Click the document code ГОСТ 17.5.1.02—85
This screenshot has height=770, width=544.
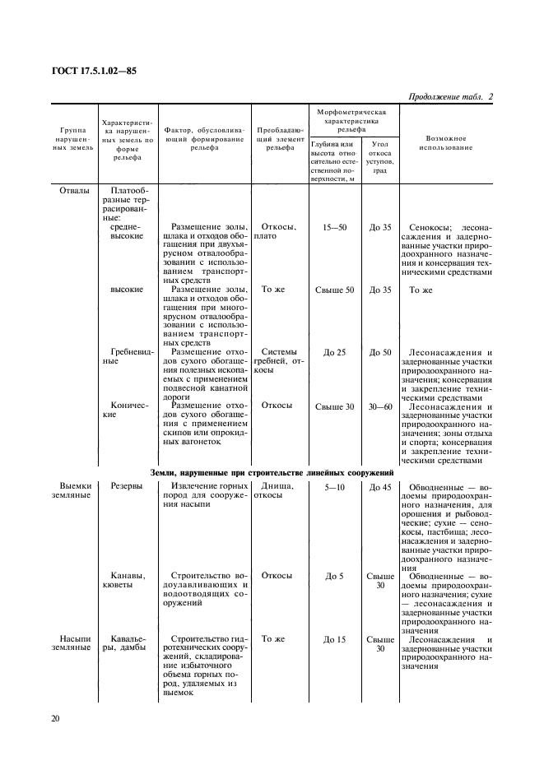95,71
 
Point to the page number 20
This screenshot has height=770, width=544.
54,718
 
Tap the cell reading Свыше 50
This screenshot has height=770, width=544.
334,290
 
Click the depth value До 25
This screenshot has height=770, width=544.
334,352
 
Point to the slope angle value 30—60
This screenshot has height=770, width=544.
380,406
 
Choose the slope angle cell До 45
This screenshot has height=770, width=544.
380,487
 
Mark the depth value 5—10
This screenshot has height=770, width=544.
334,487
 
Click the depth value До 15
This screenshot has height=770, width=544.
334,638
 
